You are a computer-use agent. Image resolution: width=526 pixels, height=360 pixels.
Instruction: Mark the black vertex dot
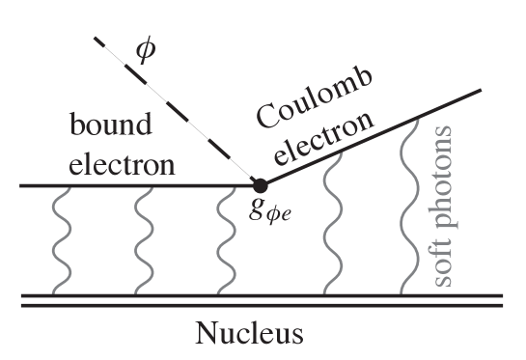click(x=260, y=184)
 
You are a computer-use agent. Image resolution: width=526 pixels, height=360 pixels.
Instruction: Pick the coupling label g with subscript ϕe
click(x=266, y=209)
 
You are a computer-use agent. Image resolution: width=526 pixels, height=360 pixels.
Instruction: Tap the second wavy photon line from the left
click(x=144, y=240)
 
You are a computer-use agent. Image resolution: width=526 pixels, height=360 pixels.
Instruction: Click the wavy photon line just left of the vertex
click(x=228, y=240)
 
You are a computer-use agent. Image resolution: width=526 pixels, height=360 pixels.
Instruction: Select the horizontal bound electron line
click(x=135, y=184)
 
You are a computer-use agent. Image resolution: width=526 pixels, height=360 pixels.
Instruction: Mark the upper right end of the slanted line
click(x=480, y=91)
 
